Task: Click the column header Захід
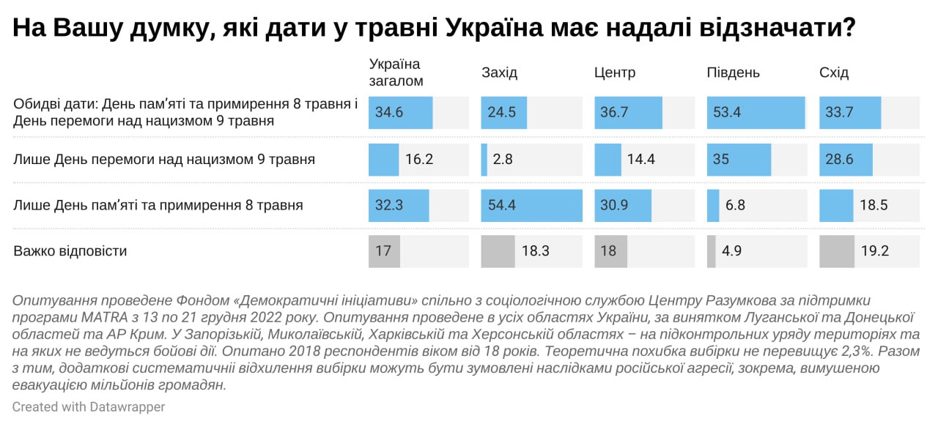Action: tap(499, 73)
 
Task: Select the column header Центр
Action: tap(614, 73)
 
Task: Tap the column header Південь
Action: tap(733, 73)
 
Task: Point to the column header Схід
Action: tap(833, 73)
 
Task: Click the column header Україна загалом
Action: tap(396, 72)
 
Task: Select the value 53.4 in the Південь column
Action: tap(727, 113)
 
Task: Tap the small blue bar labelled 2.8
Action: tap(484, 159)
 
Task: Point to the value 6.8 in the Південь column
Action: tap(735, 205)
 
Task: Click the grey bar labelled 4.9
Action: tap(711, 251)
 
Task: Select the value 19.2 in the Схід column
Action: tap(875, 251)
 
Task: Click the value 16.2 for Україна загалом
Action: tap(419, 159)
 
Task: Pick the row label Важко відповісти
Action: tap(70, 251)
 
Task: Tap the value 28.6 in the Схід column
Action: tap(839, 159)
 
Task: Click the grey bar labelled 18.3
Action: tap(498, 251)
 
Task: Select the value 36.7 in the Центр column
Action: tap(614, 113)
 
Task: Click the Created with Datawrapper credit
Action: tap(89, 406)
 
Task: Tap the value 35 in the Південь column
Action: tap(721, 159)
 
